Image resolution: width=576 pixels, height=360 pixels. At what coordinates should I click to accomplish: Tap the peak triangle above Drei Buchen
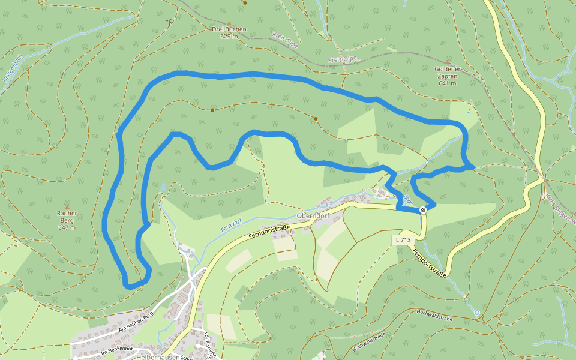229,23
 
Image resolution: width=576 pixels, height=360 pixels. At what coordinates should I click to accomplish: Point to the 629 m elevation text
229,37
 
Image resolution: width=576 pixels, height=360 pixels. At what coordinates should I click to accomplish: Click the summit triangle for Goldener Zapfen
448,62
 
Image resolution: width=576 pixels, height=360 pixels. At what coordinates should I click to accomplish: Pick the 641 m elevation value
448,83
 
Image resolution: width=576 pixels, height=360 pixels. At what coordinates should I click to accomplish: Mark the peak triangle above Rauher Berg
67,206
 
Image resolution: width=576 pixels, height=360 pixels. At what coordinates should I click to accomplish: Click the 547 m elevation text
67,227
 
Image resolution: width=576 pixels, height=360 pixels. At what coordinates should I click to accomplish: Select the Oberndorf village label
314,216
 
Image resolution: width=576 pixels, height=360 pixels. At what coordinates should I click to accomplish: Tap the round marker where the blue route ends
424,209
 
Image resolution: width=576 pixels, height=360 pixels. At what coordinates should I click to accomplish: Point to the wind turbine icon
170,23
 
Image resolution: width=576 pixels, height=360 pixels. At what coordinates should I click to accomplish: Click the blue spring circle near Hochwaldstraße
476,313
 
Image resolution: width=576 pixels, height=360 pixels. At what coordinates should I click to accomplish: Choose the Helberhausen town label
142,357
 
